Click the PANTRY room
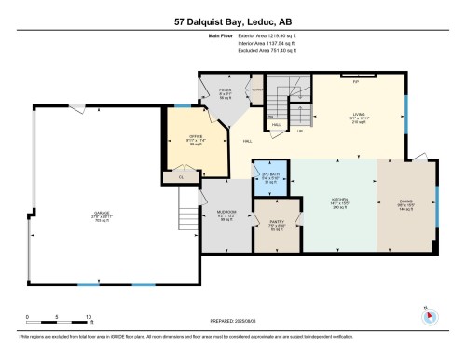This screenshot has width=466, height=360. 277,225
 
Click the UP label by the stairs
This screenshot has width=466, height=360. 299,131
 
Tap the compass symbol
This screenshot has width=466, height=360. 430,314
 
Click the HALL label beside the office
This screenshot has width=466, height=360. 248,142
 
